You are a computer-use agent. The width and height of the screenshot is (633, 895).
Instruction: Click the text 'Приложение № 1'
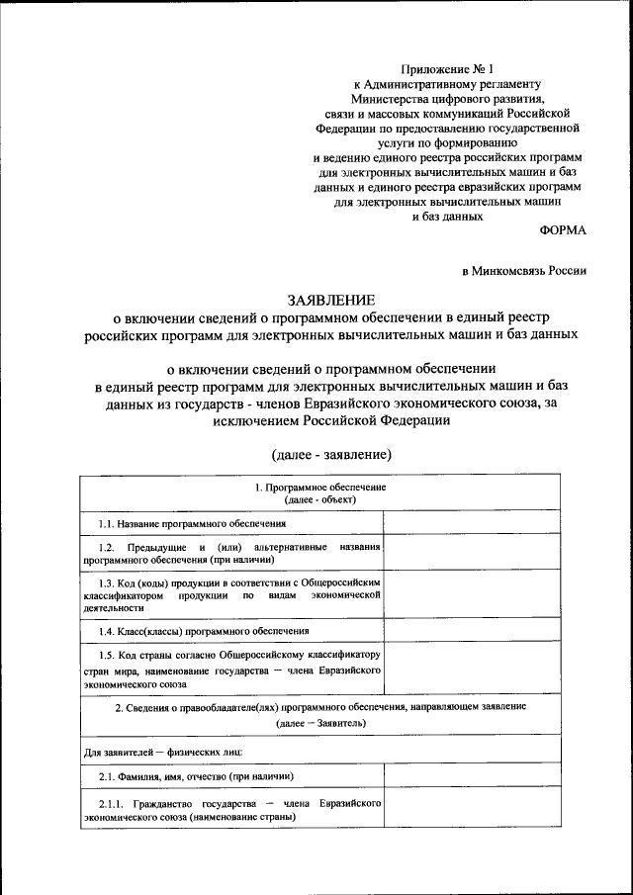coord(445,68)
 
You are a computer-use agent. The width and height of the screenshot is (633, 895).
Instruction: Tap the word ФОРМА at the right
coord(562,230)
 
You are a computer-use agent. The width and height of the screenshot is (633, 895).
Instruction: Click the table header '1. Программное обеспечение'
coord(318,489)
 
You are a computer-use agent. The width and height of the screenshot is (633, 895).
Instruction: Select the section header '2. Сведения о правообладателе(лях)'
coord(320,715)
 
